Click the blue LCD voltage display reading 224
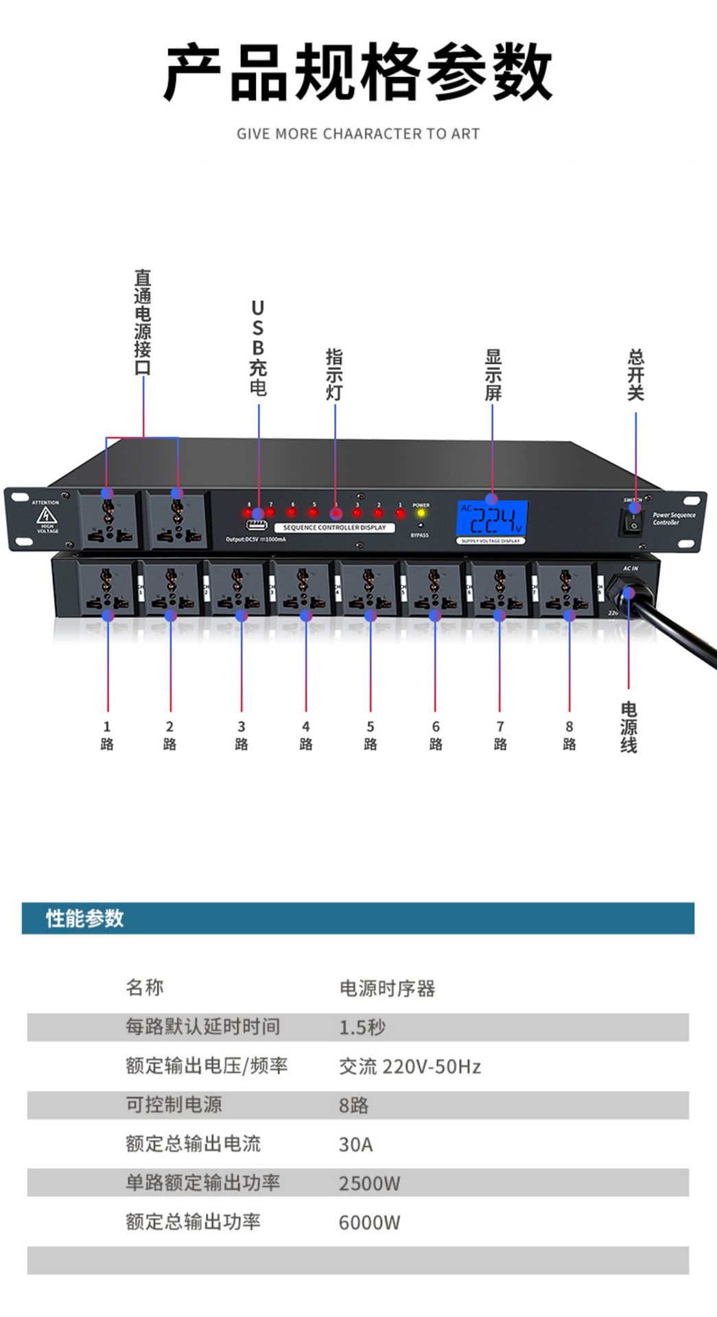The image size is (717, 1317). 492,519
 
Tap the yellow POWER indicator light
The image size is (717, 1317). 421,513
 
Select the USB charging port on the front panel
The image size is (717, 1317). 257,526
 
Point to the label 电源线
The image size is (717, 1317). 628,728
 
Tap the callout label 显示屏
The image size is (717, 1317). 493,375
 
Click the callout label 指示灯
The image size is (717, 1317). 334,375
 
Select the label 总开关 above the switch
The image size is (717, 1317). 636,375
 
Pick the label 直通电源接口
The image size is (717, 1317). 143,322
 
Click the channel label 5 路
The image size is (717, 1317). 371,735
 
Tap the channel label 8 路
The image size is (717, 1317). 569,735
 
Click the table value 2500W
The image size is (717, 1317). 369,1183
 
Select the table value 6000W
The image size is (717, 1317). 369,1222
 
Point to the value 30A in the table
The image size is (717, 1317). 355,1144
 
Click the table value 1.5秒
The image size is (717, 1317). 362,1027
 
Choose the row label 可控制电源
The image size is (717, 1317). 174,1105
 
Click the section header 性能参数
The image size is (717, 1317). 84,918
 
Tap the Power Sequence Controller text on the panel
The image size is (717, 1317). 674,519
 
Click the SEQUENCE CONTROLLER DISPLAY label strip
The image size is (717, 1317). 335,527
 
